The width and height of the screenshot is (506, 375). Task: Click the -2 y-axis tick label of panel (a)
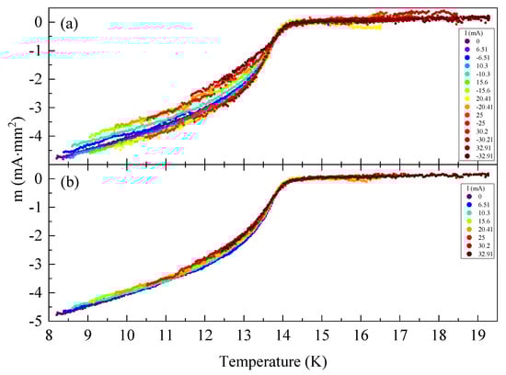pos(32,80)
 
